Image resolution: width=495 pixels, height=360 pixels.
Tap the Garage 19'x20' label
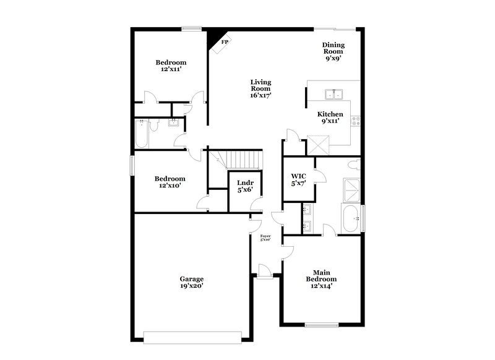[192, 283]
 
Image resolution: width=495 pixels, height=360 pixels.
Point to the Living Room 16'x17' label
[260, 88]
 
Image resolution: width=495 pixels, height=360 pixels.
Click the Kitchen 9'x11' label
[330, 118]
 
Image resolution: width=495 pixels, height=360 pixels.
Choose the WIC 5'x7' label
[299, 179]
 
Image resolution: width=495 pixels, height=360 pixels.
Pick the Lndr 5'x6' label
[243, 186]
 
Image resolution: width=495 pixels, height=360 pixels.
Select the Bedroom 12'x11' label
[171, 66]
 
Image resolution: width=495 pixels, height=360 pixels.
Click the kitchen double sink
[335, 95]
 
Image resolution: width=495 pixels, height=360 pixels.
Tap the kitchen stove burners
[356, 121]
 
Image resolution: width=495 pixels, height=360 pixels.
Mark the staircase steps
[243, 159]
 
